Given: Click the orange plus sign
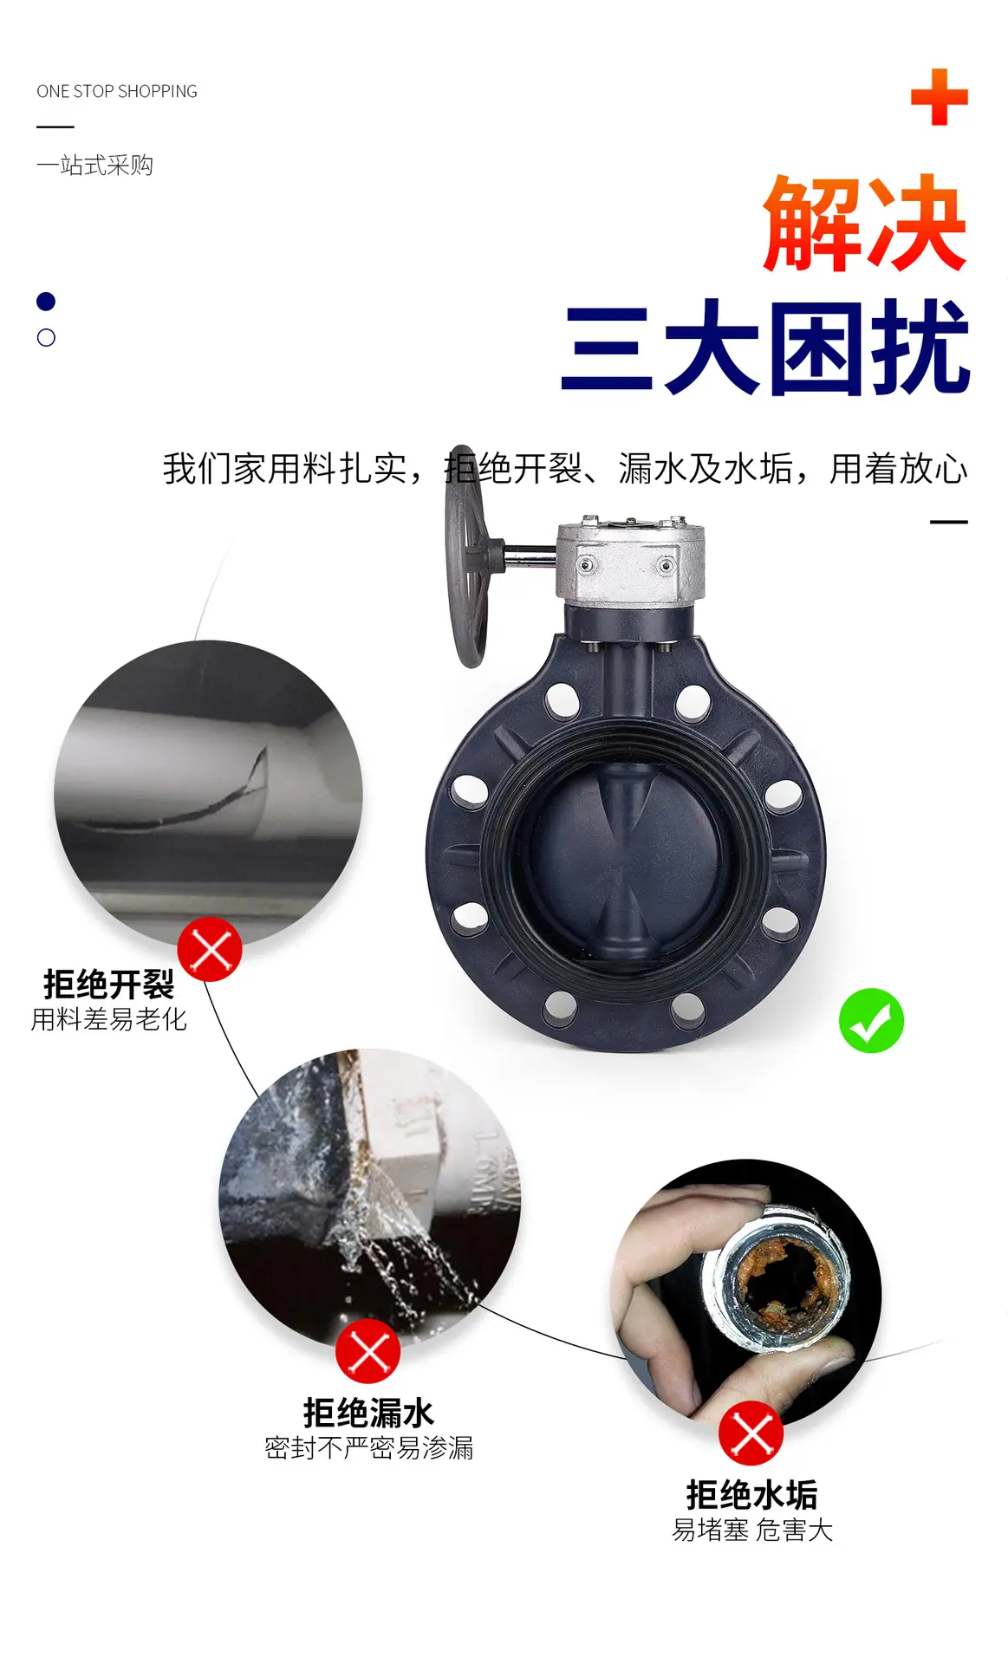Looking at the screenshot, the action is pyautogui.click(x=939, y=97).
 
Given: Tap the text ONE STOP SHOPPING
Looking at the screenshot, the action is pyautogui.click(x=117, y=91).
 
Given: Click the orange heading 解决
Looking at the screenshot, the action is pyautogui.click(x=864, y=224).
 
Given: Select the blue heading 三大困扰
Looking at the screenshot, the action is pyautogui.click(x=765, y=348).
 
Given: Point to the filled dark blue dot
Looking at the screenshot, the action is pyautogui.click(x=46, y=302).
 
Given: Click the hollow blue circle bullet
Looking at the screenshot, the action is pyautogui.click(x=46, y=338).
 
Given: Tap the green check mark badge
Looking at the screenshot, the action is pyautogui.click(x=871, y=1020).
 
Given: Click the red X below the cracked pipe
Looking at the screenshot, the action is pyautogui.click(x=210, y=949).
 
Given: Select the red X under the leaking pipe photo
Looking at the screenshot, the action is pyautogui.click(x=368, y=1351).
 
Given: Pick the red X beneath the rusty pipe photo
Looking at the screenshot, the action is pyautogui.click(x=751, y=1433).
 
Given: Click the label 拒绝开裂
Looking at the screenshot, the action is pyautogui.click(x=109, y=985).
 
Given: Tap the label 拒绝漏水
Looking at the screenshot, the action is pyautogui.click(x=368, y=1413).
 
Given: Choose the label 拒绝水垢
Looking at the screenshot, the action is pyautogui.click(x=751, y=1495).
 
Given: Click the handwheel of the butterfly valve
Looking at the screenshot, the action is pyautogui.click(x=466, y=556).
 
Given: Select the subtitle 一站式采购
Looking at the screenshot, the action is pyautogui.click(x=94, y=165).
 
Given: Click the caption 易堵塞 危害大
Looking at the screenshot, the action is pyautogui.click(x=752, y=1531).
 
